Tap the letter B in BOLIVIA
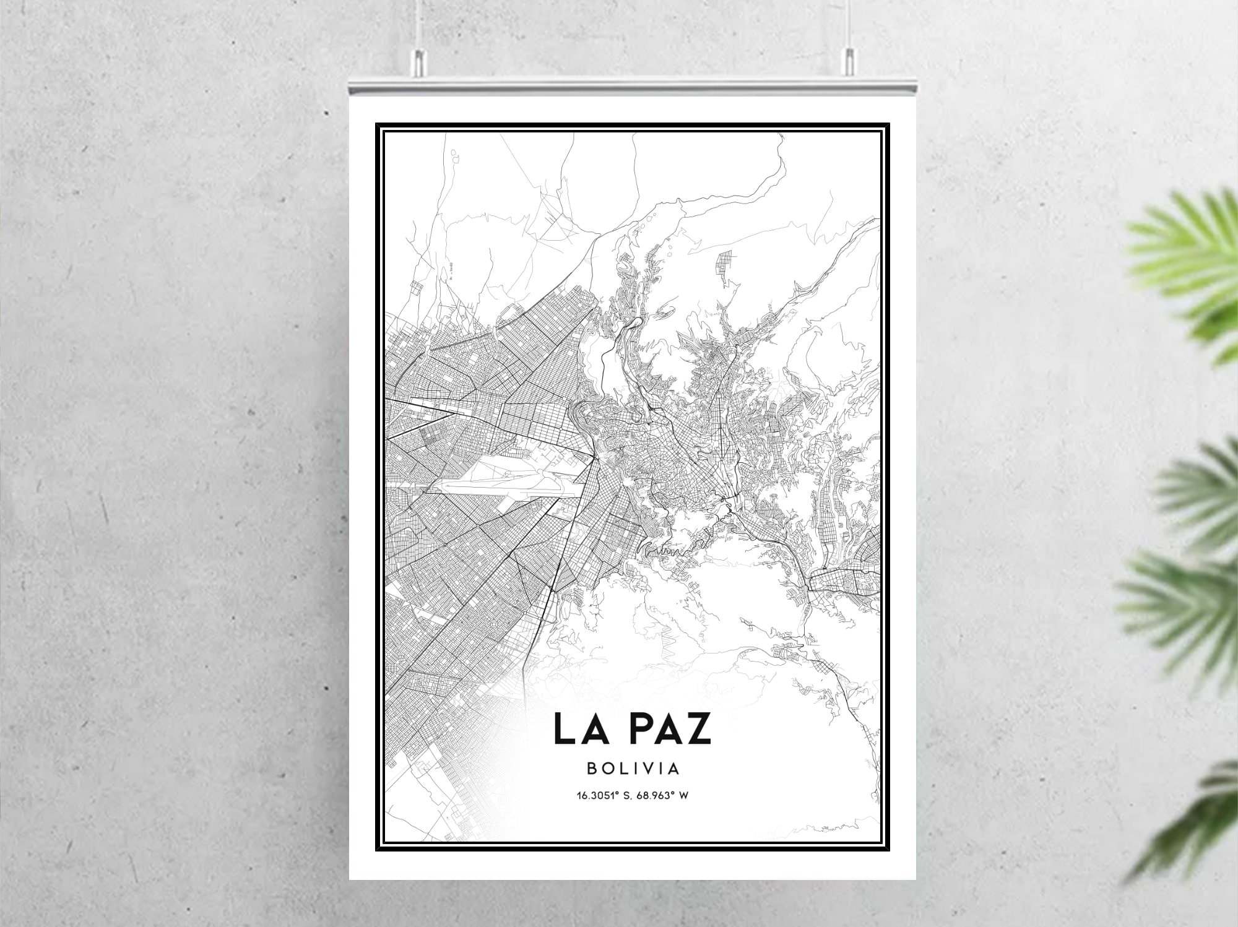[591, 769]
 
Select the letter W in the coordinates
[684, 795]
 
